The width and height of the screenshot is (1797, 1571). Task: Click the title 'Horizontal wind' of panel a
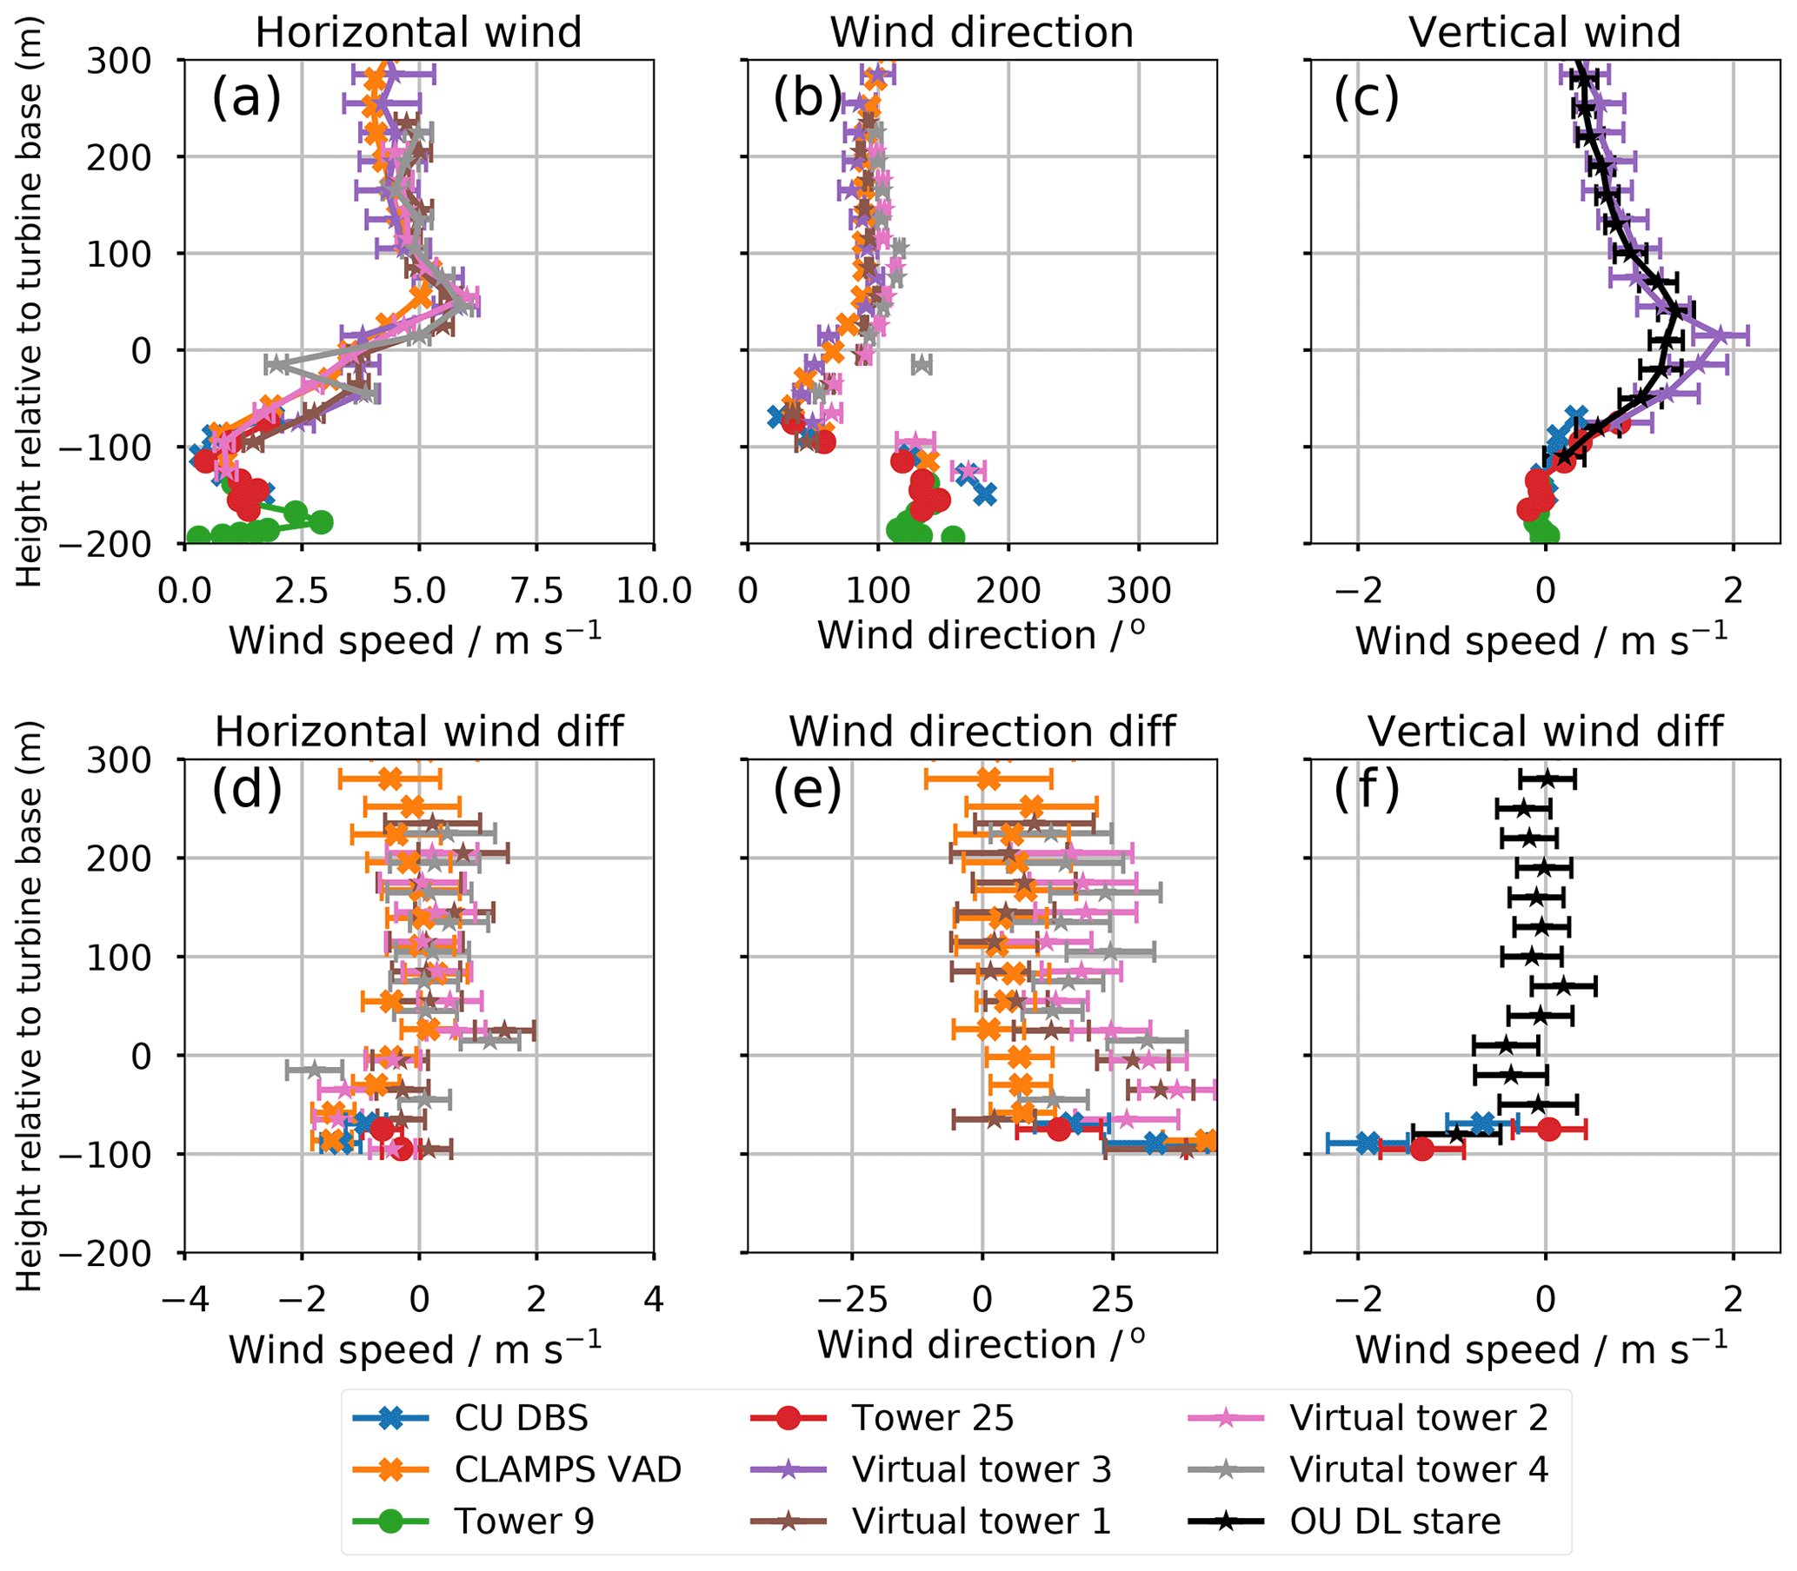(418, 33)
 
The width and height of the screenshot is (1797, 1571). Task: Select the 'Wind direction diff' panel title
(982, 731)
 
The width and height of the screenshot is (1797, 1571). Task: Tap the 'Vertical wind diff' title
(1544, 731)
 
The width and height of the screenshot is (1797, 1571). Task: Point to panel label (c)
(1366, 98)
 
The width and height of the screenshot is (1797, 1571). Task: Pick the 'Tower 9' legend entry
(523, 1521)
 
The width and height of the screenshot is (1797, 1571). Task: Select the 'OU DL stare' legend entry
(1394, 1521)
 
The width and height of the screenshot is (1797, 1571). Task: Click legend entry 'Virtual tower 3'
(981, 1469)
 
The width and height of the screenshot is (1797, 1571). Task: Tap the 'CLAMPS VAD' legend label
(568, 1469)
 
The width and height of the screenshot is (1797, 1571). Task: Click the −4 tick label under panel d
(184, 1299)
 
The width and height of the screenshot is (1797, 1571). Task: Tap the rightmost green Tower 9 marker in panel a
(321, 521)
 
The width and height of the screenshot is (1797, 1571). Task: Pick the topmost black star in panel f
(1547, 778)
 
